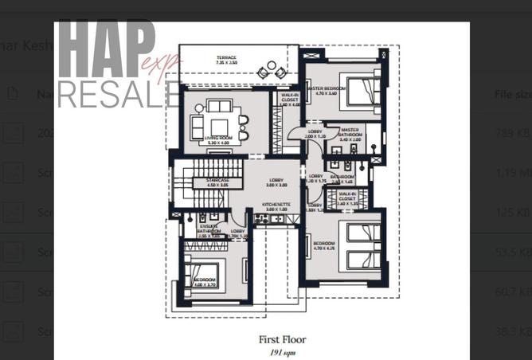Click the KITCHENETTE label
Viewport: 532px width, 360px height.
pyautogui.click(x=276, y=205)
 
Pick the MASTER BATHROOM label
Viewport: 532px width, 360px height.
pyautogui.click(x=350, y=131)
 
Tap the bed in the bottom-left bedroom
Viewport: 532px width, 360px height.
pyautogui.click(x=204, y=275)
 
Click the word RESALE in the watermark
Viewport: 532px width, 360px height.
pyautogui.click(x=117, y=94)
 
